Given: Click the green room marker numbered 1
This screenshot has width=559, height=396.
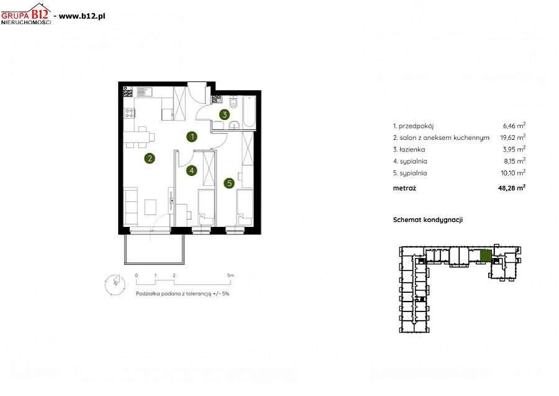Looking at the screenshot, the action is click(192, 137).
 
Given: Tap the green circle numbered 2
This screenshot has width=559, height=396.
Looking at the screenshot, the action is click(149, 159).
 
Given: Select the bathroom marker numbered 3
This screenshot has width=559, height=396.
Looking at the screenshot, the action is click(224, 114).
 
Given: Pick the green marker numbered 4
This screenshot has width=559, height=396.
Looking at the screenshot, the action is click(192, 170).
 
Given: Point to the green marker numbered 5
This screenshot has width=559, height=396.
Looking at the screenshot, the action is click(229, 183).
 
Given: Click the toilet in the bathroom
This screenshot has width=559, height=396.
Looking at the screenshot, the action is click(234, 103).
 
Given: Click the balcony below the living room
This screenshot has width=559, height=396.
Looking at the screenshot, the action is click(155, 249).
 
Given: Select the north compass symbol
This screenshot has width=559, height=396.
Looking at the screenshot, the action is click(115, 284).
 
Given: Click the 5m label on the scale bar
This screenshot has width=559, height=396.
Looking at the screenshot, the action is click(230, 275).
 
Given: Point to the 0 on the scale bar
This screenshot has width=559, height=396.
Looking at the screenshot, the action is click(137, 275).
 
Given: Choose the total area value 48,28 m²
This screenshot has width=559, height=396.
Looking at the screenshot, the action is click(512, 188).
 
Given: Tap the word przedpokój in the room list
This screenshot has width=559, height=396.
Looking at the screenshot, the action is click(416, 126).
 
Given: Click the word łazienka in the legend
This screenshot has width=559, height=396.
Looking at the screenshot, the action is click(412, 149).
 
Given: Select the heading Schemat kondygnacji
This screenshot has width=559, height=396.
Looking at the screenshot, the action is click(428, 220).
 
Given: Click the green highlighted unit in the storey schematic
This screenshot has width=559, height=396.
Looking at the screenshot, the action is click(486, 256).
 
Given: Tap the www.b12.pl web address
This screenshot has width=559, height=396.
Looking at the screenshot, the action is click(81, 16).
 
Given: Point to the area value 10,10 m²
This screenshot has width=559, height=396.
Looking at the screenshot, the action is click(514, 173).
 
